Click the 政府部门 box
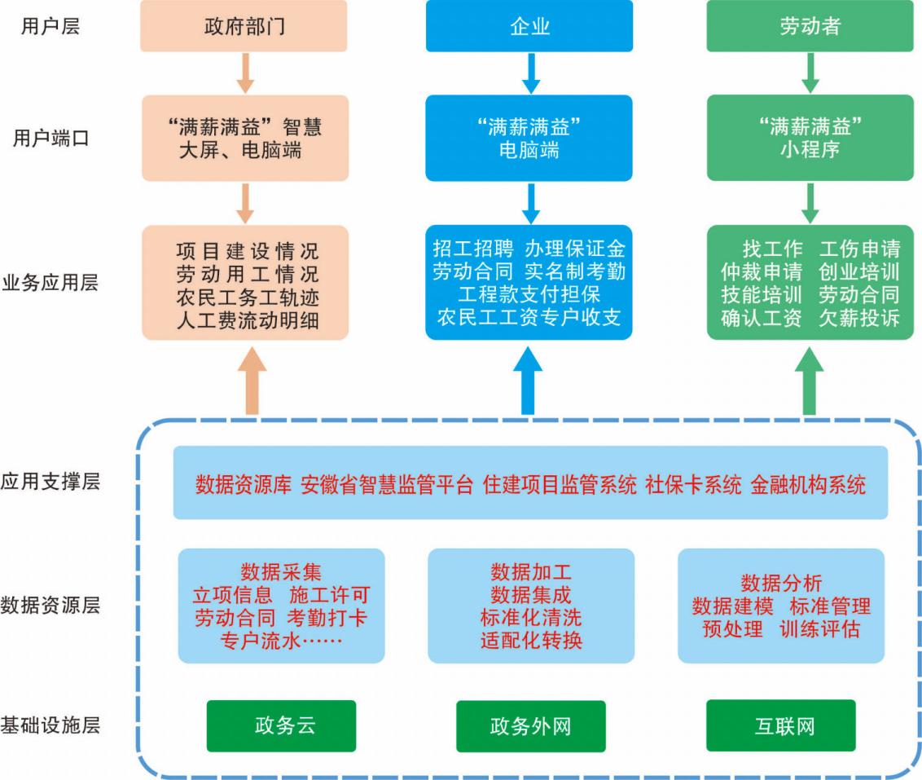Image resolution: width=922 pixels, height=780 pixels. [244, 26]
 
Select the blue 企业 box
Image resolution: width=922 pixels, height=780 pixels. [529, 26]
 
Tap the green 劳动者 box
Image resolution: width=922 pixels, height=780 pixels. [810, 26]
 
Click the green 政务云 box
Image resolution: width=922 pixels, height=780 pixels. [281, 725]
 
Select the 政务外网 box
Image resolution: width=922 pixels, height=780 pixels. [530, 726]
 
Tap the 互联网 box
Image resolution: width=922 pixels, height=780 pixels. [780, 725]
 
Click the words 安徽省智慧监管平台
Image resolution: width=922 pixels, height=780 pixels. [387, 485]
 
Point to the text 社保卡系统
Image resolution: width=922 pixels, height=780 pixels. [693, 485]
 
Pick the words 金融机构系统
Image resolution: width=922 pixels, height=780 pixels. [808, 485]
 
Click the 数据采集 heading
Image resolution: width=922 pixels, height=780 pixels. [281, 572]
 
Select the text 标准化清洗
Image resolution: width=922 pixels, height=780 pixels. [531, 617]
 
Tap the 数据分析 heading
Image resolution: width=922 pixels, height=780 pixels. [781, 583]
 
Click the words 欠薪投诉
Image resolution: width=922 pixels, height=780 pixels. [859, 318]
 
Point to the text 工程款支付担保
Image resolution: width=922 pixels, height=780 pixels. [529, 293]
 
